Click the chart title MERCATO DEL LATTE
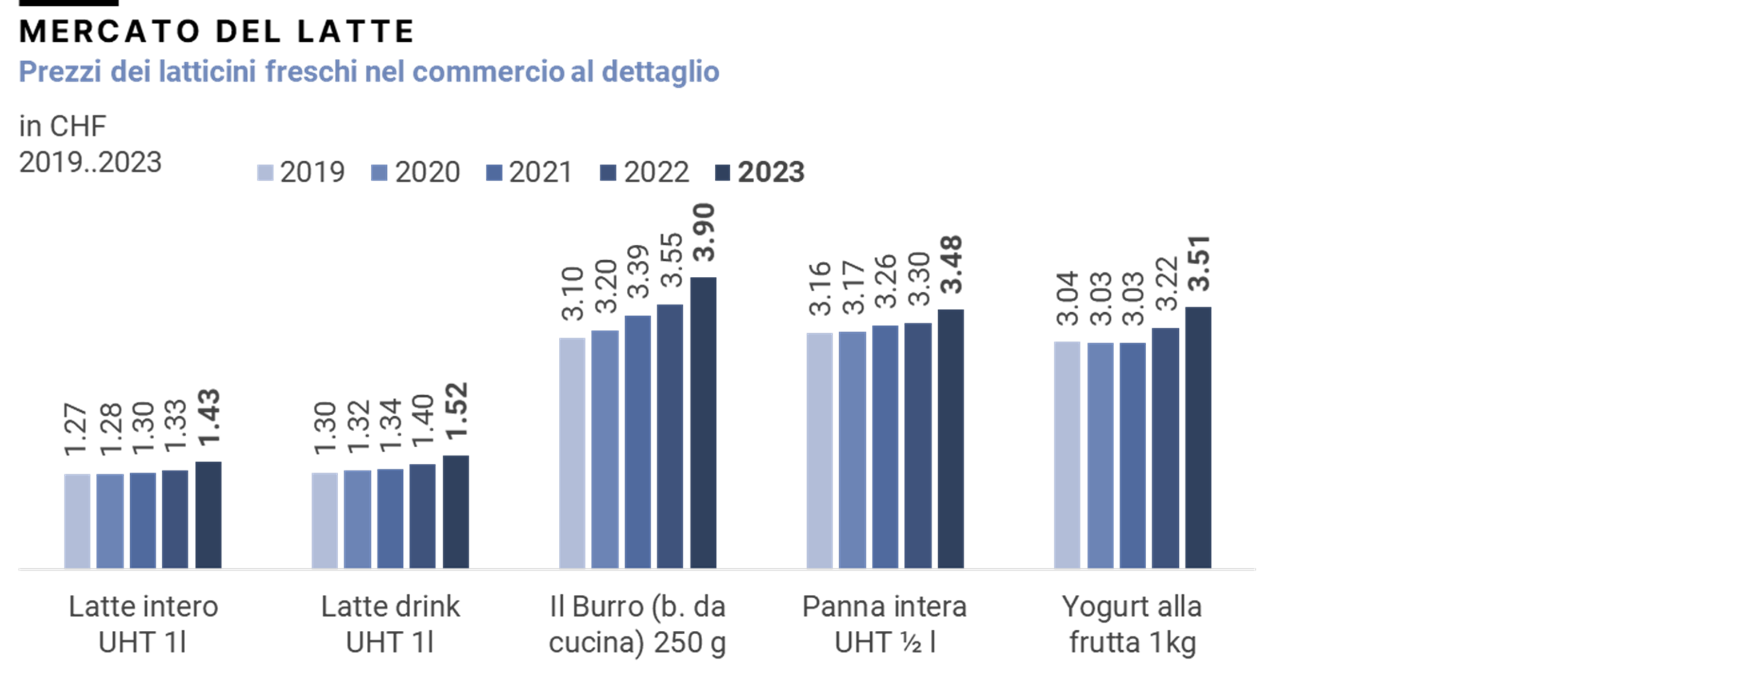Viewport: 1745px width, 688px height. tap(217, 31)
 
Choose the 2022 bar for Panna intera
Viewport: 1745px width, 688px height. tap(918, 446)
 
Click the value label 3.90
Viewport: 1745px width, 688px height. tap(705, 233)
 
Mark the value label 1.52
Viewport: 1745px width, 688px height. tap(457, 411)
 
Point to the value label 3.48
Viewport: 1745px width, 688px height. tap(952, 264)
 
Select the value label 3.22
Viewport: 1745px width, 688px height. tap(1166, 283)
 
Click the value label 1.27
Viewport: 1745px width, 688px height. tap(76, 429)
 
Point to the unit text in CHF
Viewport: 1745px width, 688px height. tap(62, 126)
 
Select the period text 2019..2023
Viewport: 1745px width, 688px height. tap(90, 162)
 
